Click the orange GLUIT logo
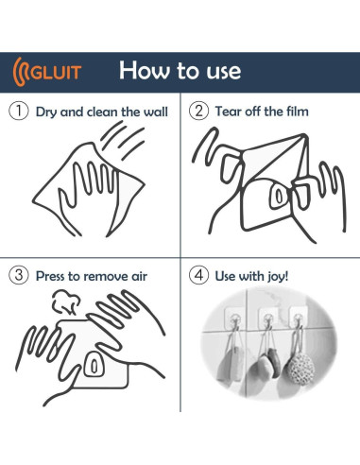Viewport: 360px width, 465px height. click(47, 72)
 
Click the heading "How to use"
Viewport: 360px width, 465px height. click(180, 70)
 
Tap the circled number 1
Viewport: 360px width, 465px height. click(19, 111)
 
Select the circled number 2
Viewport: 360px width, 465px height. click(198, 111)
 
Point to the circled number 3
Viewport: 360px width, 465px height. click(19, 275)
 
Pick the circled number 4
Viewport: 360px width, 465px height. click(198, 275)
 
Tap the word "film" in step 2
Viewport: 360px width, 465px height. click(298, 112)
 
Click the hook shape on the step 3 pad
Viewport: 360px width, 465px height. click(94, 365)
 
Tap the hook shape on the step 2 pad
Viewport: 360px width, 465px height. click(279, 196)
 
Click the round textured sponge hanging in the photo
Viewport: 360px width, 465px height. click(301, 369)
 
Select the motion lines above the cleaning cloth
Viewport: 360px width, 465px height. click(123, 141)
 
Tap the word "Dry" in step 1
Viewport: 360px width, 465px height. click(46, 112)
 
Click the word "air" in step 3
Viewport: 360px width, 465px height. click(139, 276)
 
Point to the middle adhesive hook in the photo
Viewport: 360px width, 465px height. click(267, 319)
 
